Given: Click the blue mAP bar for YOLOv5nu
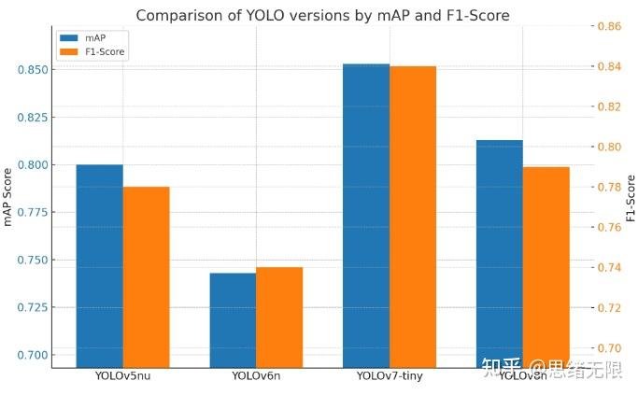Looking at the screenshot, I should [99, 266].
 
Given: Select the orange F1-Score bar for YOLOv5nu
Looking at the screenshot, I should [146, 277].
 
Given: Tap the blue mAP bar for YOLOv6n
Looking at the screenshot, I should [233, 320].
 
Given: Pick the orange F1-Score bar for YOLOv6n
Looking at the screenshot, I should [279, 317].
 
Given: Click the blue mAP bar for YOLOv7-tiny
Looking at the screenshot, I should [366, 216].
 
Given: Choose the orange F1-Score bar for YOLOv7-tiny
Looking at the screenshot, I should [413, 217].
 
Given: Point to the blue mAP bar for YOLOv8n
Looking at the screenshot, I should [500, 254].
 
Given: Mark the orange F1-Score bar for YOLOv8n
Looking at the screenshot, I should [546, 267].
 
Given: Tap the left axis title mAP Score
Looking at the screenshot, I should [9, 195].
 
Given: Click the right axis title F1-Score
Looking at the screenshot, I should [631, 197].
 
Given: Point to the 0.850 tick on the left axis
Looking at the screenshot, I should [32, 70].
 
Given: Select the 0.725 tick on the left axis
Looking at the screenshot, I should [32, 307].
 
